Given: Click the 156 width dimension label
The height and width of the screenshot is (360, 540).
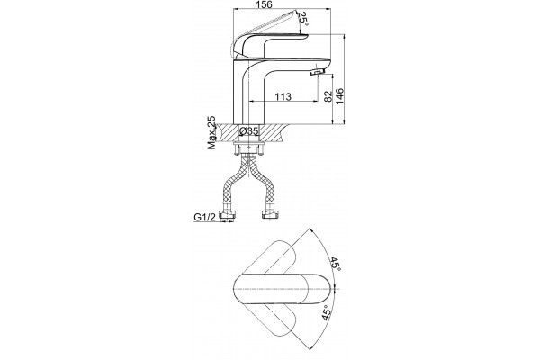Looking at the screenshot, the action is point(265,4).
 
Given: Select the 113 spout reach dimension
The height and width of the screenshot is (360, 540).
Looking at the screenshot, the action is point(283,96).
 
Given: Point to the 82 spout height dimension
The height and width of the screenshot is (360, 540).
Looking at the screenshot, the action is point(328,95).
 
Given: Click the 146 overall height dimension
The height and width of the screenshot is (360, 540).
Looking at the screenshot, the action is point(340,96).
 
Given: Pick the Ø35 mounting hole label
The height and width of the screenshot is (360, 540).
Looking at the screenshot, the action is point(248,130).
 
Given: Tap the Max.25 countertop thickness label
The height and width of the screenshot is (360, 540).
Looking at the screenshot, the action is point(211,132).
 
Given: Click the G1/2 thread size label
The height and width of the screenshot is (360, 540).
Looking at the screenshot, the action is point(204,217).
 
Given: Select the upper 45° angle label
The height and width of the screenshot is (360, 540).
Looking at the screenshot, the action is point(335,264).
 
